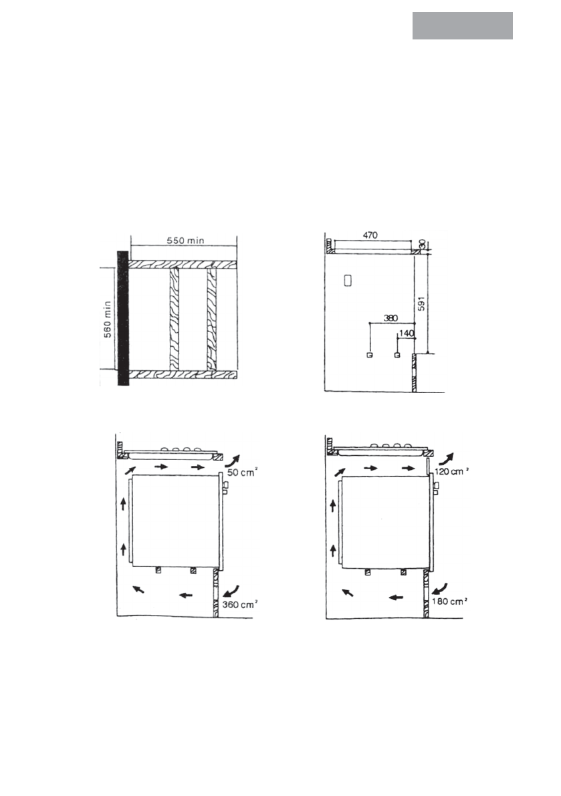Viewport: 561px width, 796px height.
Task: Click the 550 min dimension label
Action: (186, 241)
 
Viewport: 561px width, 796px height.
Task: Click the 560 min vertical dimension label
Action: (107, 319)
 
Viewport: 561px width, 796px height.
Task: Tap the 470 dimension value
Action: (370, 235)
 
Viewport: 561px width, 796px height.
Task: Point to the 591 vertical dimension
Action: (421, 303)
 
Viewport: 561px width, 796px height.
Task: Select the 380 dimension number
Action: (390, 318)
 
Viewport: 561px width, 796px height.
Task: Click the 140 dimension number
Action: (407, 334)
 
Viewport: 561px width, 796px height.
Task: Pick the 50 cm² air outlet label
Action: (242, 473)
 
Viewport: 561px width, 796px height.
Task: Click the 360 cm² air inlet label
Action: (239, 605)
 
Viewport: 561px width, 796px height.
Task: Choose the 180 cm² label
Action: (449, 602)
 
